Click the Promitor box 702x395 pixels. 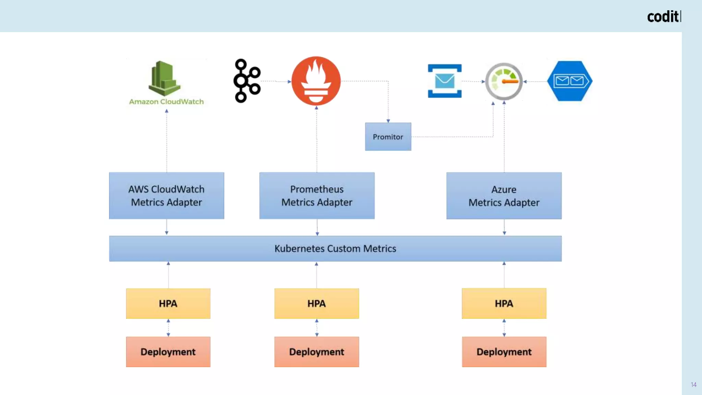click(x=388, y=137)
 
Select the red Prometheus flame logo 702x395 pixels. click(x=316, y=81)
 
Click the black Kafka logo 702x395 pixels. click(x=247, y=81)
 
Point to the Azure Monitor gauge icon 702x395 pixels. click(x=504, y=82)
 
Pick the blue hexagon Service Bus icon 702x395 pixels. click(x=570, y=81)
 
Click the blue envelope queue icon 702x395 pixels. click(x=445, y=81)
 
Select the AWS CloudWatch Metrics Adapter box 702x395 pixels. click(x=167, y=196)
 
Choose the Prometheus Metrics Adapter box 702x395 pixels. click(x=317, y=196)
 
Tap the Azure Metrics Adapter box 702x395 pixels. click(x=504, y=196)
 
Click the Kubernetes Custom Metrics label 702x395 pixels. click(x=335, y=249)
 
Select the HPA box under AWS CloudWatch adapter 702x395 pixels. click(x=168, y=303)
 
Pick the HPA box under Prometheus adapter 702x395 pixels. click(x=316, y=303)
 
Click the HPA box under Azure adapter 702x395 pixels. click(x=504, y=303)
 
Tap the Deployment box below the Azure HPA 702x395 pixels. click(x=504, y=352)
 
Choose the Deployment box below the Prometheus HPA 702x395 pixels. click(x=316, y=352)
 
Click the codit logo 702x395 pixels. click(x=664, y=17)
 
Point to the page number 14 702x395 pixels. click(x=693, y=385)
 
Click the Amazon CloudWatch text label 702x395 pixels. click(x=166, y=102)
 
